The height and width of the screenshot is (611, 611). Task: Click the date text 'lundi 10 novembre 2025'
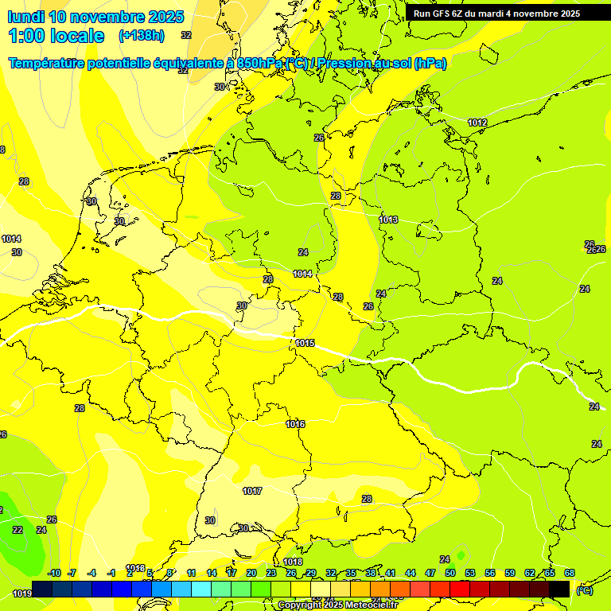[95, 17]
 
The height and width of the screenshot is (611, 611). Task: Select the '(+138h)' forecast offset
[142, 36]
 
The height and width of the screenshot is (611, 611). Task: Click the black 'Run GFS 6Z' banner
[496, 14]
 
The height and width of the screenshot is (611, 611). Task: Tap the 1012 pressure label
[477, 123]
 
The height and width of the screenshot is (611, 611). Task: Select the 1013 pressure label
[388, 220]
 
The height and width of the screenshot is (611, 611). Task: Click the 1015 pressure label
[305, 343]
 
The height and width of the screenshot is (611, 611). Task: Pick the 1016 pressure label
[295, 424]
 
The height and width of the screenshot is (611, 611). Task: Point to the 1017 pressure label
[252, 491]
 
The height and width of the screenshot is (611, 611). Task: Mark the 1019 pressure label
[22, 593]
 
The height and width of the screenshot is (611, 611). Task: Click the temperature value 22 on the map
[18, 530]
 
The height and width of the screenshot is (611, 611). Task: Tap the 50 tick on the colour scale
[450, 573]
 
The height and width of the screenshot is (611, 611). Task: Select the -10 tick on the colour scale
[54, 573]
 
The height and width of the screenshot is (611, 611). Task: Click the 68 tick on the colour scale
[570, 573]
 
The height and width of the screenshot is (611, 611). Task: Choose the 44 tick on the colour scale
[411, 573]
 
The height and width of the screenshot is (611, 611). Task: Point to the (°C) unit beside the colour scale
[584, 590]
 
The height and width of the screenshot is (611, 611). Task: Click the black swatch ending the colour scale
[559, 589]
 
